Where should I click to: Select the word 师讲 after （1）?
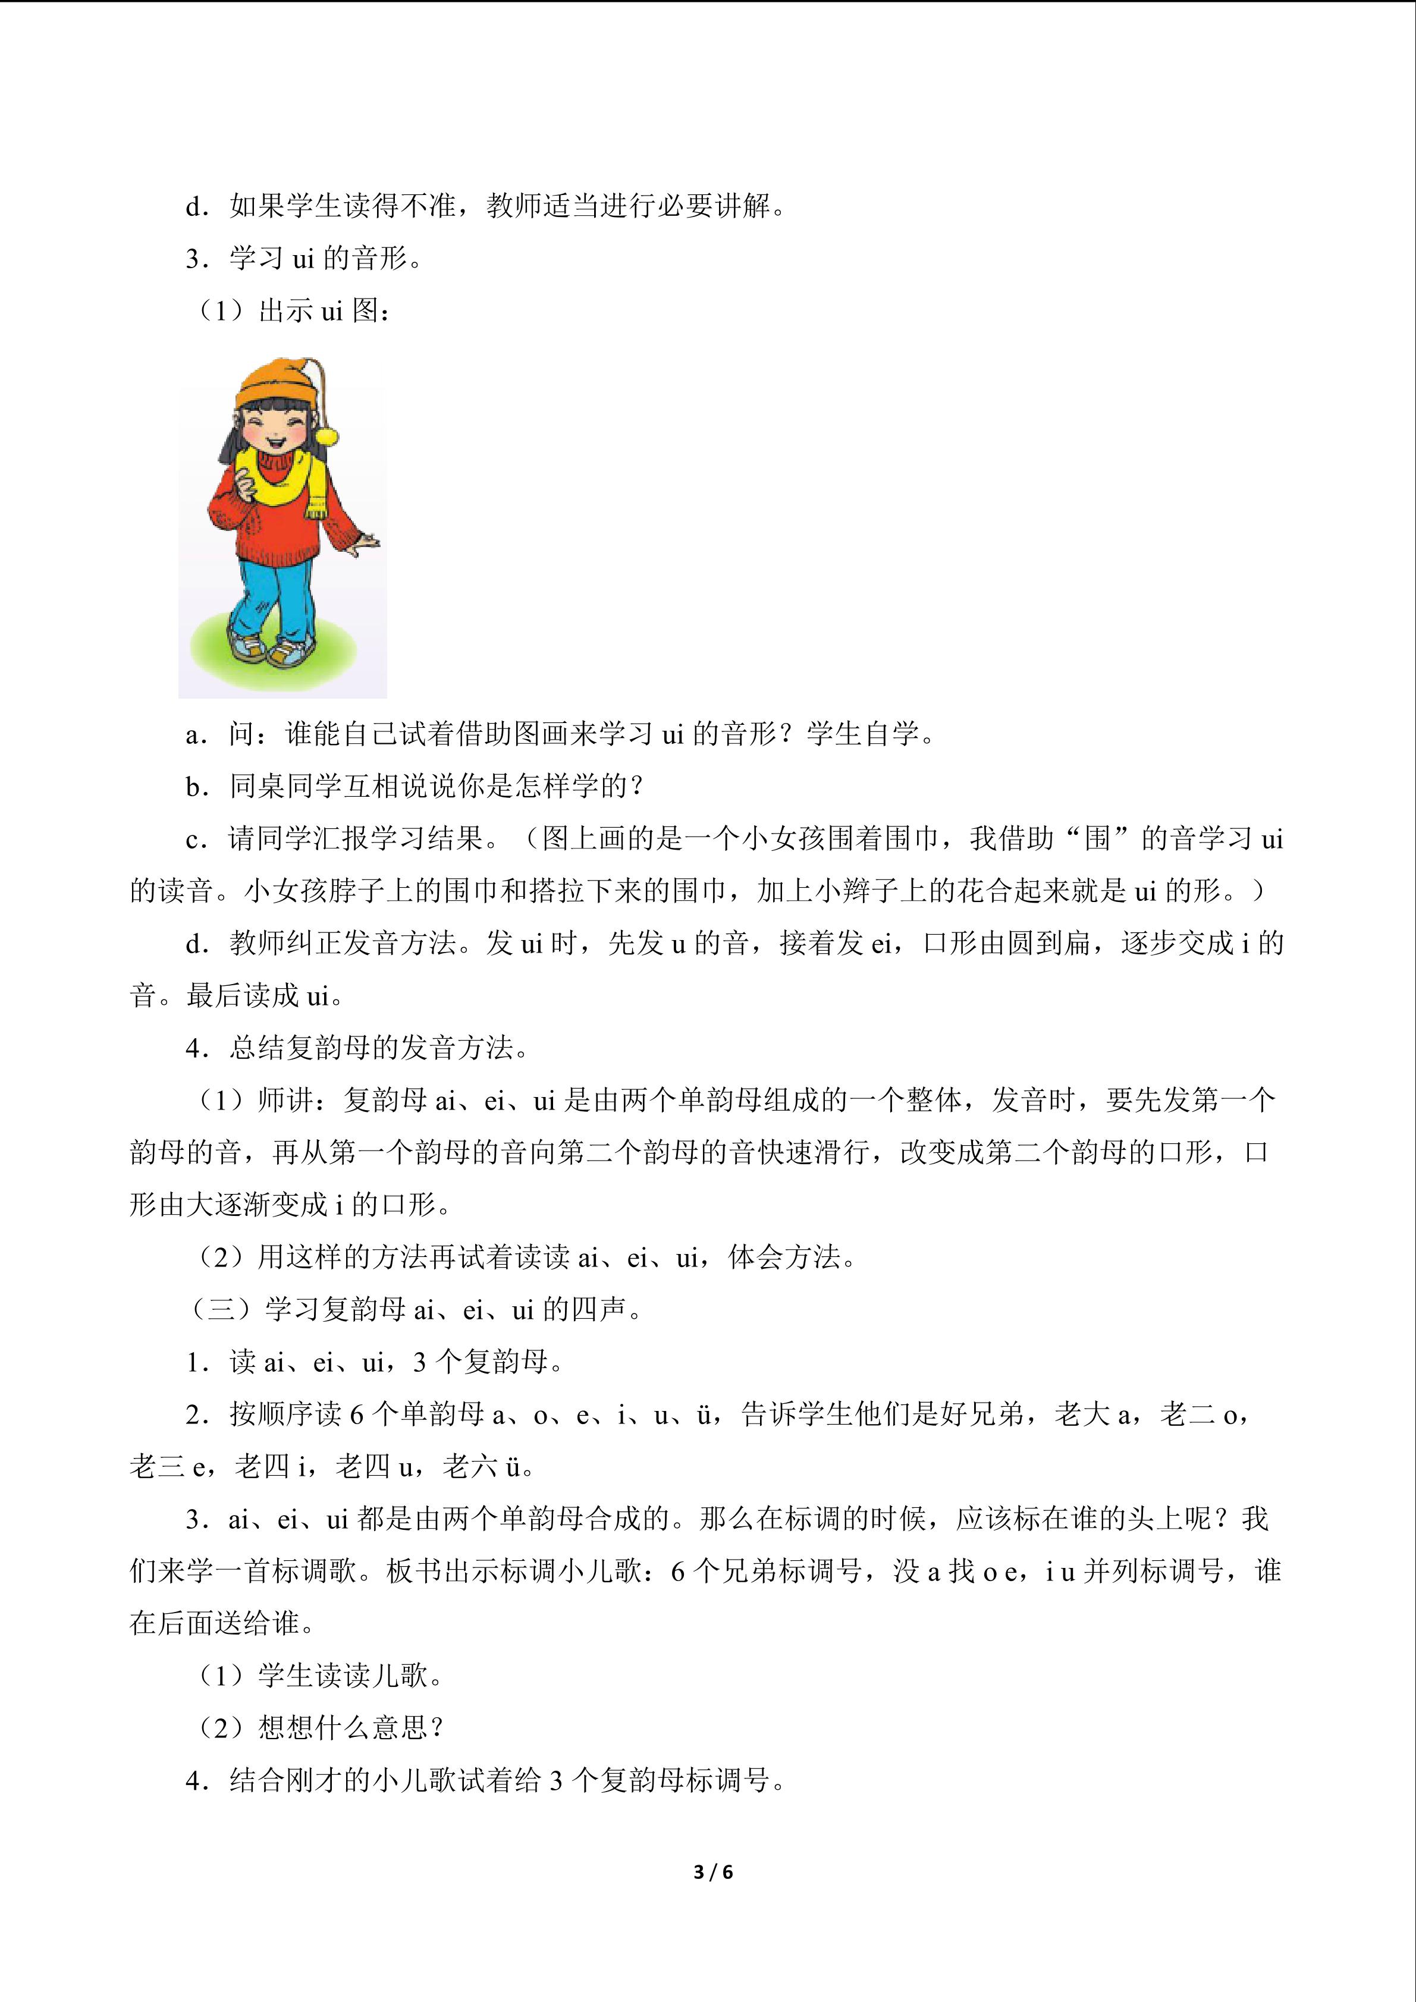tap(286, 1101)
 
